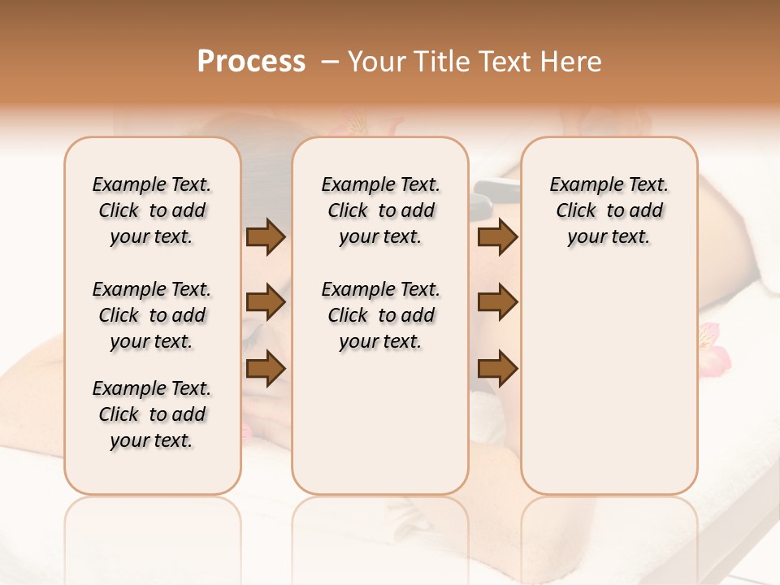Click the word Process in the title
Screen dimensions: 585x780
pyautogui.click(x=251, y=62)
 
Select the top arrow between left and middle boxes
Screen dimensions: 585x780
pyautogui.click(x=266, y=237)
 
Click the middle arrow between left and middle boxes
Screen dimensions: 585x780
pyautogui.click(x=266, y=302)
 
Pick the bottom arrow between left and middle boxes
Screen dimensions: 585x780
pyautogui.click(x=266, y=367)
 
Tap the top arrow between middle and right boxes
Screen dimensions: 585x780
pyautogui.click(x=498, y=237)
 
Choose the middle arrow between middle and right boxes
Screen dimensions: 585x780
pyautogui.click(x=498, y=302)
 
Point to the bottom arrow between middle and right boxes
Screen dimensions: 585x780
pyautogui.click(x=498, y=369)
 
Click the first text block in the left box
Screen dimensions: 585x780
pyautogui.click(x=152, y=210)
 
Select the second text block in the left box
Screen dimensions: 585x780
pyautogui.click(x=152, y=315)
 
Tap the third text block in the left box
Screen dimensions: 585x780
pyautogui.click(x=152, y=414)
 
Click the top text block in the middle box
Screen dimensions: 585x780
pyautogui.click(x=381, y=210)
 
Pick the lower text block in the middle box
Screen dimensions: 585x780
pyautogui.click(x=381, y=315)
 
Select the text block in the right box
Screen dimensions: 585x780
pyautogui.click(x=609, y=210)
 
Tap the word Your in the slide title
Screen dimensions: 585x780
pyautogui.click(x=377, y=62)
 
